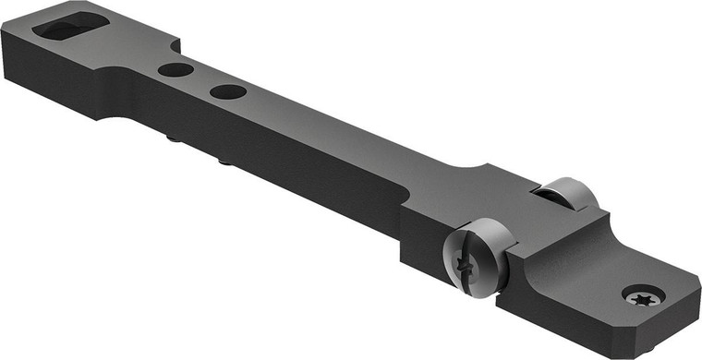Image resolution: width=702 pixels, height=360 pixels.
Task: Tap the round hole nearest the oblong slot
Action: pos(175,70)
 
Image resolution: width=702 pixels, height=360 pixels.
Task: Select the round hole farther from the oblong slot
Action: pos(227,91)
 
